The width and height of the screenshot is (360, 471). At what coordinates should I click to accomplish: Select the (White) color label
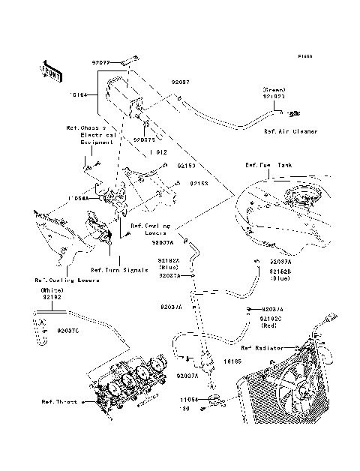(x=51, y=289)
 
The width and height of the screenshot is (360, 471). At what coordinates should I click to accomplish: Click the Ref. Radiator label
(x=262, y=348)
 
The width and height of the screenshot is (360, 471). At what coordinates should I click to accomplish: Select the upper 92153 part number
(x=187, y=164)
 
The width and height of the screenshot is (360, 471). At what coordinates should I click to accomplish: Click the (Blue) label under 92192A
(x=168, y=267)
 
